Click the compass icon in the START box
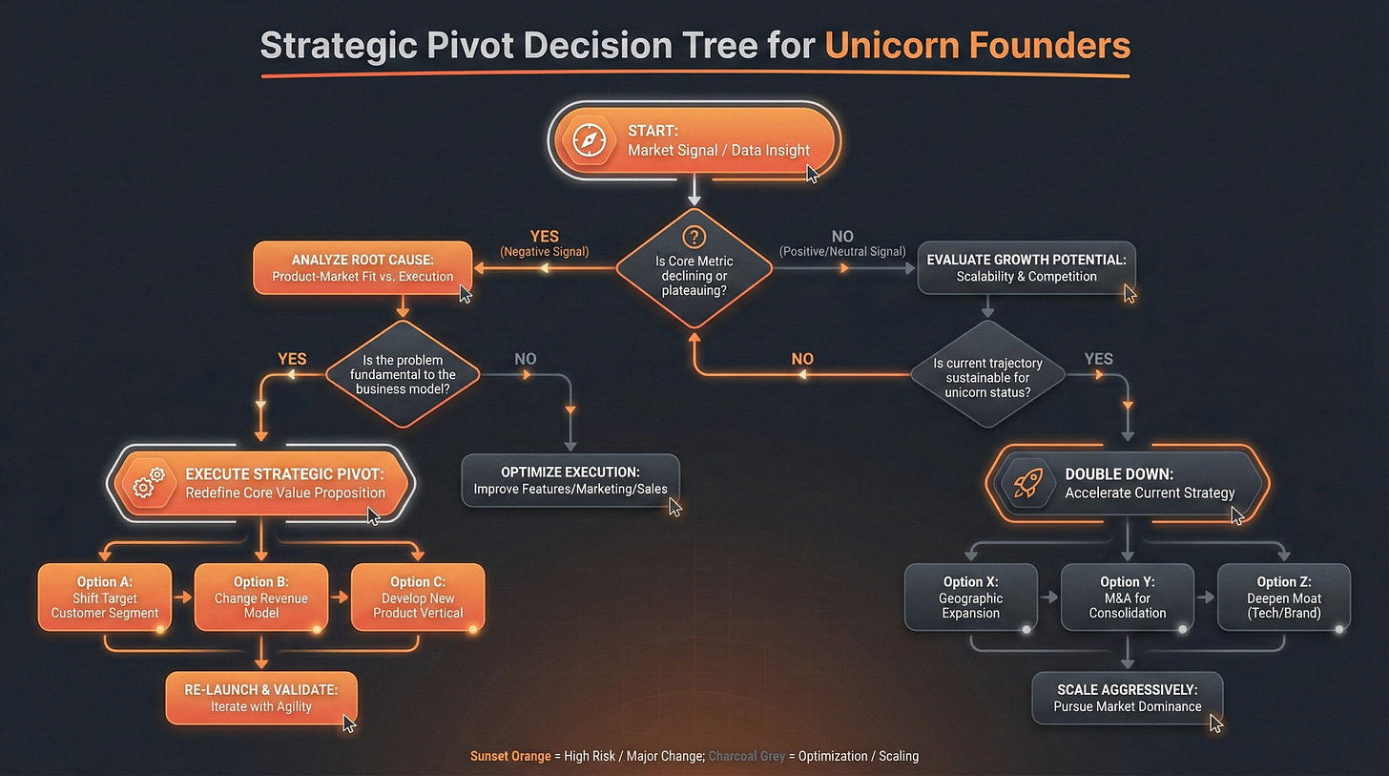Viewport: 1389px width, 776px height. click(x=589, y=140)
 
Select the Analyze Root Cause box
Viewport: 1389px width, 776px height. click(x=363, y=267)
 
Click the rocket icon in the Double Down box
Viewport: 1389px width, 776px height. click(x=1026, y=483)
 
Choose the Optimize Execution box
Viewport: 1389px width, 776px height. click(x=570, y=481)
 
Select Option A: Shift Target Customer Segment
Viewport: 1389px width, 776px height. click(x=105, y=597)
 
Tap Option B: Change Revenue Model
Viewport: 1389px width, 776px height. click(x=261, y=597)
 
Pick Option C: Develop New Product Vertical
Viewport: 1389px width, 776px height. click(x=418, y=597)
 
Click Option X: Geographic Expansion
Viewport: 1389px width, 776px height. click(x=970, y=597)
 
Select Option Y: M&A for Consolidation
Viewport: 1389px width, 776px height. click(x=1127, y=597)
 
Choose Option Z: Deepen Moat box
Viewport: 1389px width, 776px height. click(x=1283, y=597)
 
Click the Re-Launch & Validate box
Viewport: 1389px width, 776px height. click(x=260, y=698)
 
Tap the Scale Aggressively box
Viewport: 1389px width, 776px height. click(x=1127, y=698)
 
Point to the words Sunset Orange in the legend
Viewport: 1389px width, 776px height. click(x=510, y=756)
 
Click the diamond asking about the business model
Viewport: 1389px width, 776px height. click(x=404, y=375)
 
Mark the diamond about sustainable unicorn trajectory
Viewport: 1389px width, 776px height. click(x=987, y=375)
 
